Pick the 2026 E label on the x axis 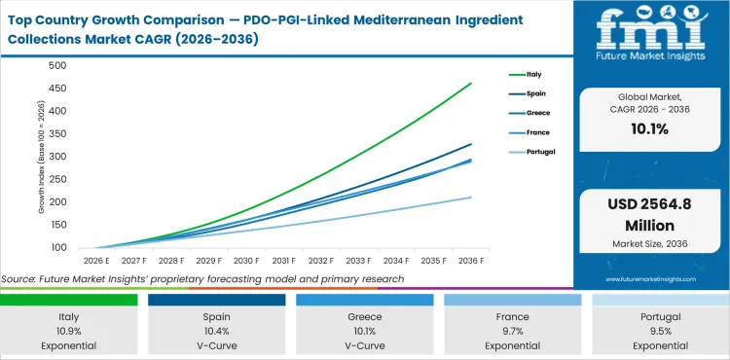pyautogui.click(x=95, y=261)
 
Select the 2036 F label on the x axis pyautogui.click(x=472, y=261)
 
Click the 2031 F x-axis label pyautogui.click(x=283, y=261)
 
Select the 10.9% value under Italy pyautogui.click(x=69, y=331)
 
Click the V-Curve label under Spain pyautogui.click(x=217, y=344)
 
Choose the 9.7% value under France pyautogui.click(x=512, y=331)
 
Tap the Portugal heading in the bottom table pyautogui.click(x=660, y=317)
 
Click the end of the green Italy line pyautogui.click(x=472, y=84)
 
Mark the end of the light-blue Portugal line pyautogui.click(x=472, y=198)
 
